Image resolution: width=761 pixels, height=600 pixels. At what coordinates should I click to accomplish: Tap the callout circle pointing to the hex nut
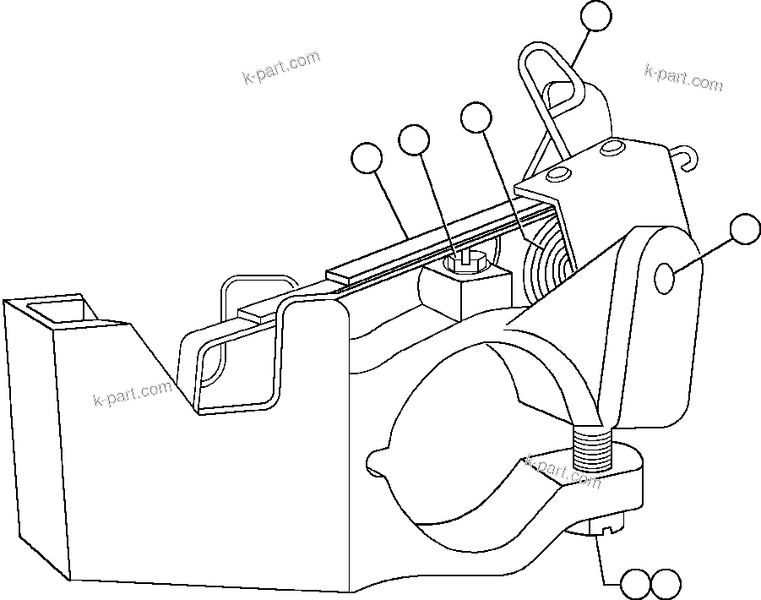(414, 140)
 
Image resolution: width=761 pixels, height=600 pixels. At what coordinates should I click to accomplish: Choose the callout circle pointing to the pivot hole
(745, 229)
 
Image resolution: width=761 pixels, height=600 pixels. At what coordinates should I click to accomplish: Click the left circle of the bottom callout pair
(635, 583)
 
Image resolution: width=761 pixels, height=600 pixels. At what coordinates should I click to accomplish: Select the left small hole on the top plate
(556, 174)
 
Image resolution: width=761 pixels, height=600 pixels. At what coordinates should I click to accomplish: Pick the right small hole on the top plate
(610, 149)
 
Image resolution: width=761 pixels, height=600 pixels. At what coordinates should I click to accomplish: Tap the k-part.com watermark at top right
(683, 77)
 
